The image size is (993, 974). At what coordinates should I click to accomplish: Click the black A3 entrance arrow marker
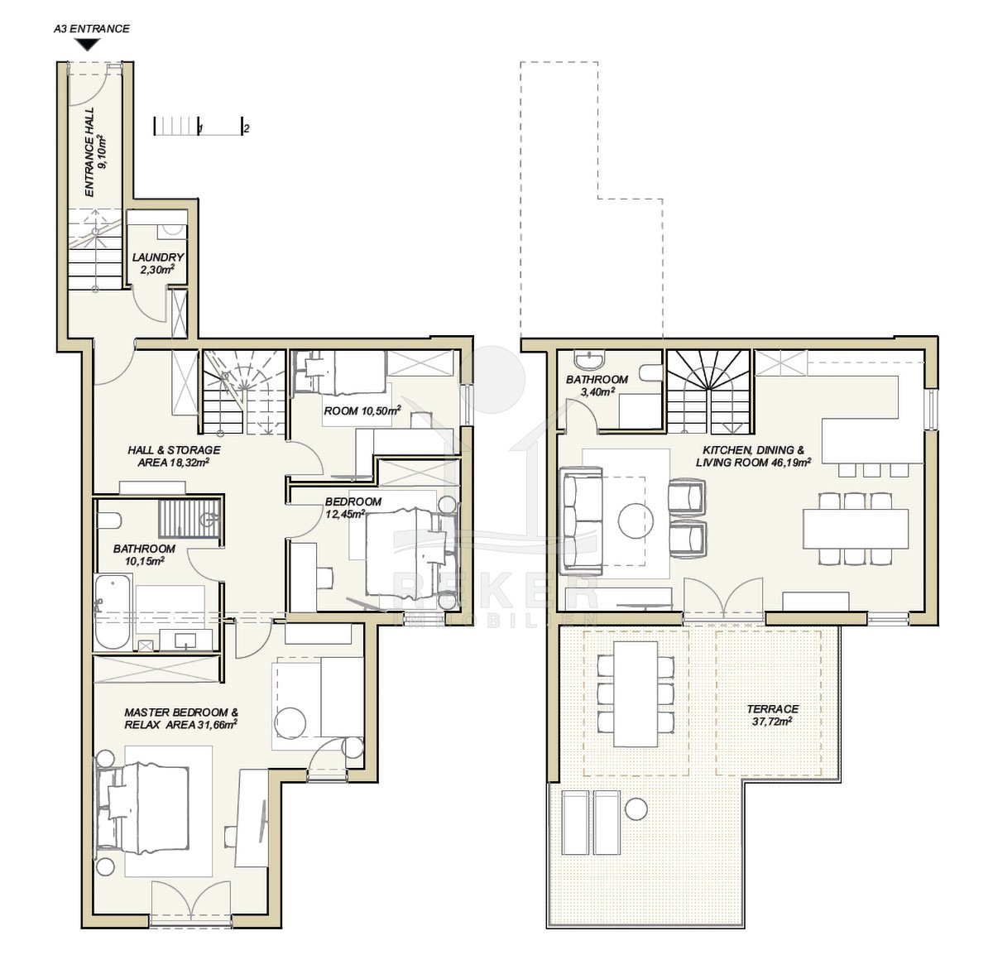(89, 45)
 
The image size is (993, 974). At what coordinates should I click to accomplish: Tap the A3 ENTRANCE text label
(91, 29)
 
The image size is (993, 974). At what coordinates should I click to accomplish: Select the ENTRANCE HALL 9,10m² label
(96, 152)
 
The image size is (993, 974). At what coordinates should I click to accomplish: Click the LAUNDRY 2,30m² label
(158, 263)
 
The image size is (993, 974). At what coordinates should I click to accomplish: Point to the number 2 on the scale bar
(247, 128)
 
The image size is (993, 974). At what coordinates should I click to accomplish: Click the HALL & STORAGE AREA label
(174, 456)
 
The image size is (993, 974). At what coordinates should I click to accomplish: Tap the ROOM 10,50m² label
(362, 410)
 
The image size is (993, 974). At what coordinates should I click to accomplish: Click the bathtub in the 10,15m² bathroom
(113, 612)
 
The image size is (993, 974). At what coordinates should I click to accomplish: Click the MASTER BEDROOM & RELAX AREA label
(181, 718)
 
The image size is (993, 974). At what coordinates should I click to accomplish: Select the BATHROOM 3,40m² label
(597, 385)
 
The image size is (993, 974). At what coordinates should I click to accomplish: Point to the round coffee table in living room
(636, 520)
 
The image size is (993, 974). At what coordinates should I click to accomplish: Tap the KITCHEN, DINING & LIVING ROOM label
(753, 456)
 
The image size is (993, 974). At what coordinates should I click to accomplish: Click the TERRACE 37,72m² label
(772, 716)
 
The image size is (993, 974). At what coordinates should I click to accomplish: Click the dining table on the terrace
(636, 693)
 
